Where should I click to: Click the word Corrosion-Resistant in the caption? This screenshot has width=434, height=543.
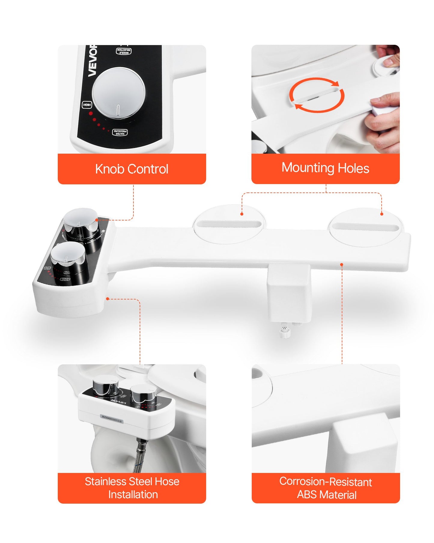(326, 481)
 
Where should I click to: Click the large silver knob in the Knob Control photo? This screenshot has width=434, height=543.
(119, 93)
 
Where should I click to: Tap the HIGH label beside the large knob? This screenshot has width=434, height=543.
(87, 105)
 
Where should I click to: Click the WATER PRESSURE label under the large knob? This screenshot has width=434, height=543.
(120, 132)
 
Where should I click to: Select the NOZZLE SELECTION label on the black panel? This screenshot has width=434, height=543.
(124, 51)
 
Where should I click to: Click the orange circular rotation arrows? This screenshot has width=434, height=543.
(317, 95)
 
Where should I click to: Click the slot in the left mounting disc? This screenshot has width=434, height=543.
(229, 224)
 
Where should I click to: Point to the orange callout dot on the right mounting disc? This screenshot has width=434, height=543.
(382, 214)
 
